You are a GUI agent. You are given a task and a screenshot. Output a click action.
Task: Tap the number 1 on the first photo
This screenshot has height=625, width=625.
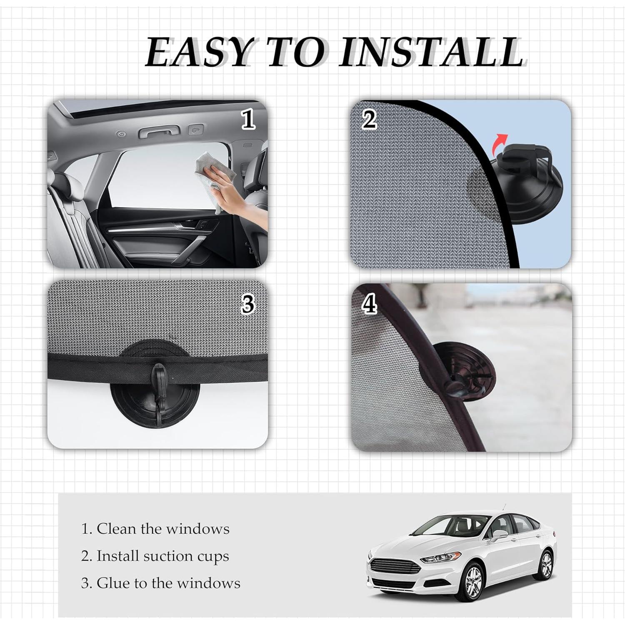[x=248, y=120]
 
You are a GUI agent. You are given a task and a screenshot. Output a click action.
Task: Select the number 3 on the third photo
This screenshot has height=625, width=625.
[x=248, y=305]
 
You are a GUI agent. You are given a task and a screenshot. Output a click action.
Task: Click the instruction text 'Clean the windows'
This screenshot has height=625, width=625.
[x=155, y=529]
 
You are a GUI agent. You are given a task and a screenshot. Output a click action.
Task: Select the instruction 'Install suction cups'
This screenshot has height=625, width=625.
[x=155, y=556]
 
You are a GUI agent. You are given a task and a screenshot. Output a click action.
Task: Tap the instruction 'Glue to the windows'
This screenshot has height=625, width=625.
[x=160, y=583]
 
